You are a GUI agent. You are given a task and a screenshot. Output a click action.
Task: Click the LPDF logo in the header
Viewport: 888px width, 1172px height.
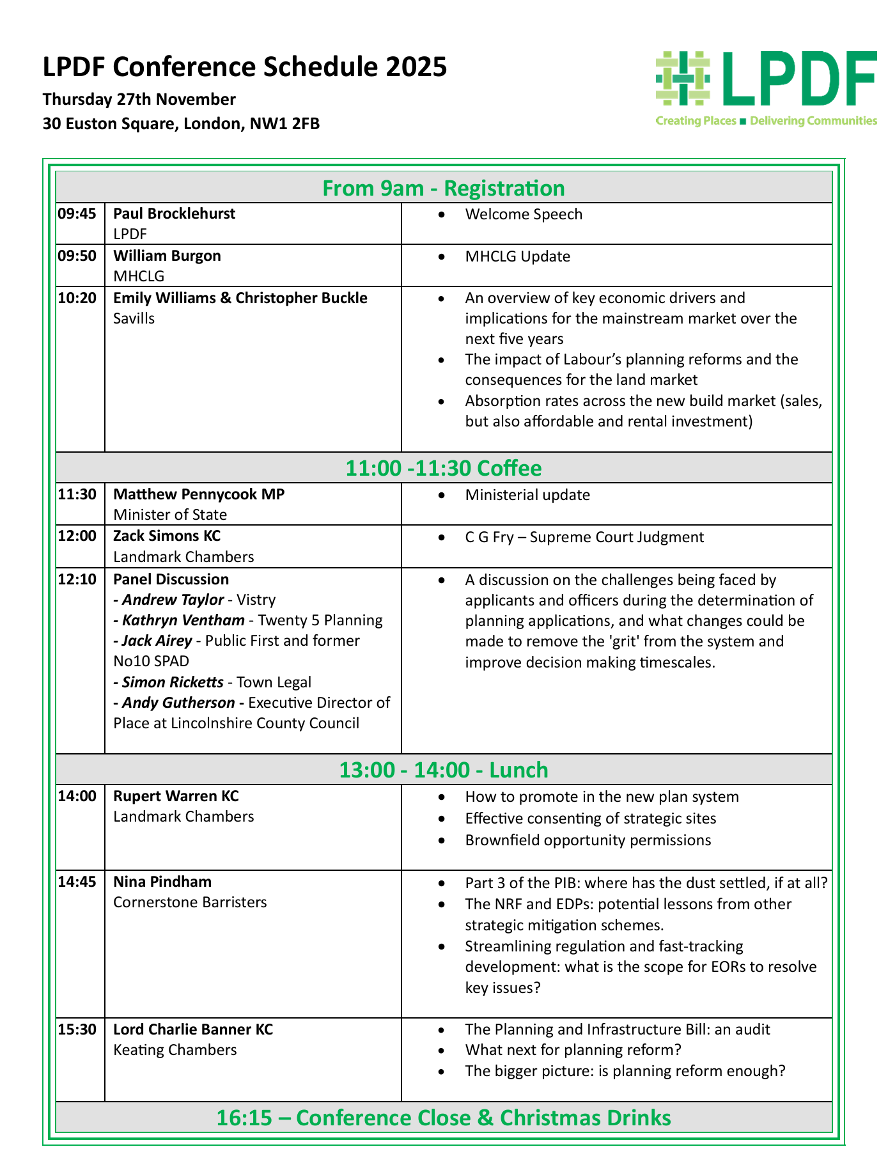(766, 87)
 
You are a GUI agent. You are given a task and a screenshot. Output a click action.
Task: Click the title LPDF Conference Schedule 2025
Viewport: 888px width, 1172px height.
(245, 67)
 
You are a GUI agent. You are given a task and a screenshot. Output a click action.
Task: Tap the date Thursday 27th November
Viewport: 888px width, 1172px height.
(139, 100)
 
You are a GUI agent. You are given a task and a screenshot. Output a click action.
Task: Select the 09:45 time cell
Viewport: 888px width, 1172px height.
(77, 214)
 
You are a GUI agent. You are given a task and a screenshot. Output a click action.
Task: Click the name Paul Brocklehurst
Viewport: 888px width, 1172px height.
(174, 214)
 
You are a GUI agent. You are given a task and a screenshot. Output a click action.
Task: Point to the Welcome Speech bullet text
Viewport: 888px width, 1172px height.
(524, 214)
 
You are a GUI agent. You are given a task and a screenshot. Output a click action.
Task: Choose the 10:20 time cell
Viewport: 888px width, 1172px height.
(77, 298)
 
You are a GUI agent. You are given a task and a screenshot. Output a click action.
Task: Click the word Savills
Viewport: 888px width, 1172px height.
(134, 318)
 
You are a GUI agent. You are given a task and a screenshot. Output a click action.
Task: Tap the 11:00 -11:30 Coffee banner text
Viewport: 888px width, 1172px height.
(444, 468)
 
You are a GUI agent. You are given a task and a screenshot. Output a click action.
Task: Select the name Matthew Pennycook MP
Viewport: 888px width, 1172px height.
(199, 494)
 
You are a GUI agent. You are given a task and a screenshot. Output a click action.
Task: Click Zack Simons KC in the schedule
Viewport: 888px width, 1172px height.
(167, 536)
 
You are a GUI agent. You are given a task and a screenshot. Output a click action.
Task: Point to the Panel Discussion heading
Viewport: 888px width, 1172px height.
(171, 579)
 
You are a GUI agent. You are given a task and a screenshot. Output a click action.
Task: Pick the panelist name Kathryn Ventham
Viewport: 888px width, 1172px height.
(183, 620)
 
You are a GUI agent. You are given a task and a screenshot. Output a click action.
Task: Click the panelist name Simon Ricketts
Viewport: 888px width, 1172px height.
(173, 682)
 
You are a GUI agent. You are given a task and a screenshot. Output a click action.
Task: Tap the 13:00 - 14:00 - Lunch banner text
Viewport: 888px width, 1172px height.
(444, 770)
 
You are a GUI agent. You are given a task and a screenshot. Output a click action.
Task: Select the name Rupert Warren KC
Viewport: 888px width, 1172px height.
(176, 796)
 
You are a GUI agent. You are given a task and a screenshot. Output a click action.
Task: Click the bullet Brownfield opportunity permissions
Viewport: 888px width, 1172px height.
(588, 840)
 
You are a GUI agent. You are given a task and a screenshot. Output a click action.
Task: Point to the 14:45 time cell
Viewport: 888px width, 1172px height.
(77, 882)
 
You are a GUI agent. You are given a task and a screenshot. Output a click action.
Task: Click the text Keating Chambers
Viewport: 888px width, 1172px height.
(175, 1050)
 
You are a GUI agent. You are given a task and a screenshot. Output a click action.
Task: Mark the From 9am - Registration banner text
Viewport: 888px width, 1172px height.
(444, 188)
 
